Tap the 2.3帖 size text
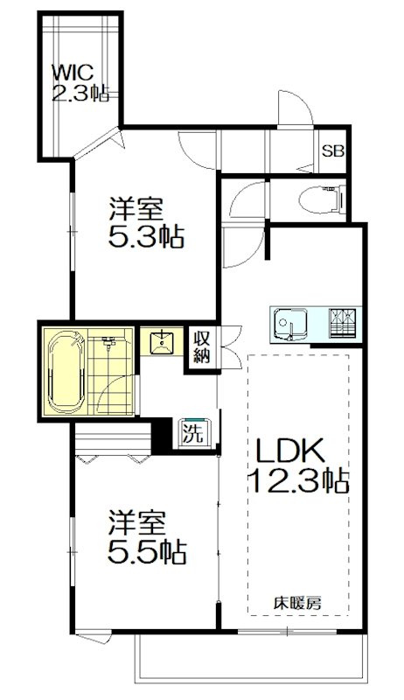(x=80, y=92)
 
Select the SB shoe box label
(x=332, y=150)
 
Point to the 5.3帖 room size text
(x=147, y=236)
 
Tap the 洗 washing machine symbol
(x=190, y=432)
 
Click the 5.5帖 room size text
(x=147, y=551)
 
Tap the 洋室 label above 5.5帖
(x=135, y=524)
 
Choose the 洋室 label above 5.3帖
(x=136, y=210)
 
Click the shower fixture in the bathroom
(x=110, y=342)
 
